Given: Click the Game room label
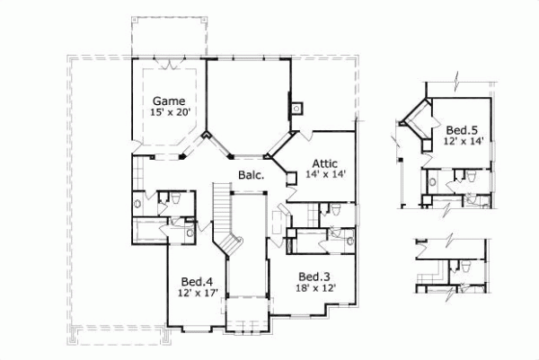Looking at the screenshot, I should (x=168, y=100).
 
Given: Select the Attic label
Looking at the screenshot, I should (x=324, y=163).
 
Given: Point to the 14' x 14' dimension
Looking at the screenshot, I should (x=324, y=176).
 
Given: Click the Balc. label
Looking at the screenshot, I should (x=251, y=175).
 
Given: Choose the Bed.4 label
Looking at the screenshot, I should (x=196, y=279).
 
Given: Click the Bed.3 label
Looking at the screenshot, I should (x=314, y=276).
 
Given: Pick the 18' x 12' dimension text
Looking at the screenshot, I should (x=314, y=289).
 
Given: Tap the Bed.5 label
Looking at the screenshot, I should (x=460, y=129).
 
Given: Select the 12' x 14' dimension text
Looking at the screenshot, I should (x=464, y=141).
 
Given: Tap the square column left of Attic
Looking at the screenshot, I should (x=290, y=178).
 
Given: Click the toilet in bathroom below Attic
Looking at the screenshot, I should (x=333, y=212).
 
